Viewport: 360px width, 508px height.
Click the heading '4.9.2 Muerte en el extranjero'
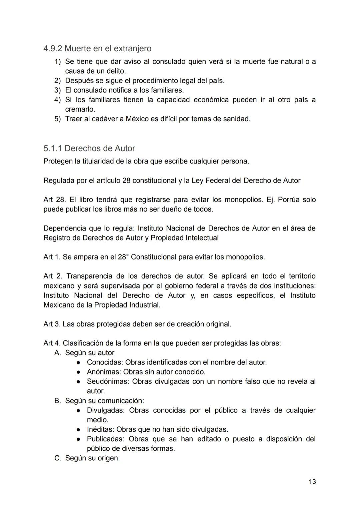[x=97, y=49]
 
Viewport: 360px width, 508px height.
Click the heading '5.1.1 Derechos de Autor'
[x=89, y=149]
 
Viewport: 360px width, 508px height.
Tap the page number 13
[x=312, y=482]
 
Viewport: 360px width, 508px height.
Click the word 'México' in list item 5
[x=137, y=119]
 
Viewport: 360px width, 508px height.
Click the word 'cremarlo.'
[x=80, y=109]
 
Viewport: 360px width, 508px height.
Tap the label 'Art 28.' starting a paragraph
[x=55, y=200]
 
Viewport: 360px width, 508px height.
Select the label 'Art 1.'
[x=52, y=257]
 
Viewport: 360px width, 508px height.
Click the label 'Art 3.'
[x=52, y=324]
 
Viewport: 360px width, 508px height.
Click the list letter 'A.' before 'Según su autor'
[x=58, y=353]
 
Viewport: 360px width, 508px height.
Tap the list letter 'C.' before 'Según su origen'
[x=58, y=458]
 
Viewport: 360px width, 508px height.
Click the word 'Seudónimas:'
[x=108, y=381]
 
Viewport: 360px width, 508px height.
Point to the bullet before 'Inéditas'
[x=78, y=429]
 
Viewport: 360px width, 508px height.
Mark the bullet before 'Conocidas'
[x=78, y=362]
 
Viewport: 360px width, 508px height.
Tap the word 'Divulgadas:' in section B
[x=106, y=410]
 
